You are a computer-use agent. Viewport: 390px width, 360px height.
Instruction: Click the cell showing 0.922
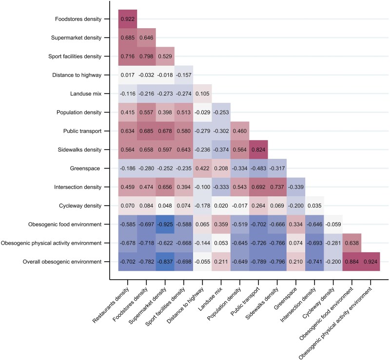coord(128,19)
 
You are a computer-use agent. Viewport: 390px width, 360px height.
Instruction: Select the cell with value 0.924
coord(370,261)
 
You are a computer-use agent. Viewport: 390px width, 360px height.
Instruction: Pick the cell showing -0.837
coord(165,261)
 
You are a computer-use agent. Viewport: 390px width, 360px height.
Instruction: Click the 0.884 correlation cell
coord(351,261)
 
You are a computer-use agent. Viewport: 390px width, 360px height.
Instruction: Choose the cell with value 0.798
coord(146,56)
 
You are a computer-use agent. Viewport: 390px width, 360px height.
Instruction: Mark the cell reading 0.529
coord(165,56)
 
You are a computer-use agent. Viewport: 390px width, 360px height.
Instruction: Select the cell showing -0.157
coord(184,75)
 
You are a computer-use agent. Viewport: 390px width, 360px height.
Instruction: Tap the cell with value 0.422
coord(202,168)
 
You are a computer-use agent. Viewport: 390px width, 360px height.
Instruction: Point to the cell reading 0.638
coord(351,242)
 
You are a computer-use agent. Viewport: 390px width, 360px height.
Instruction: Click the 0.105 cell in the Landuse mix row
coord(202,94)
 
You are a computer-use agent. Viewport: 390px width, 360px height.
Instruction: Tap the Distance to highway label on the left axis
coord(77,75)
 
